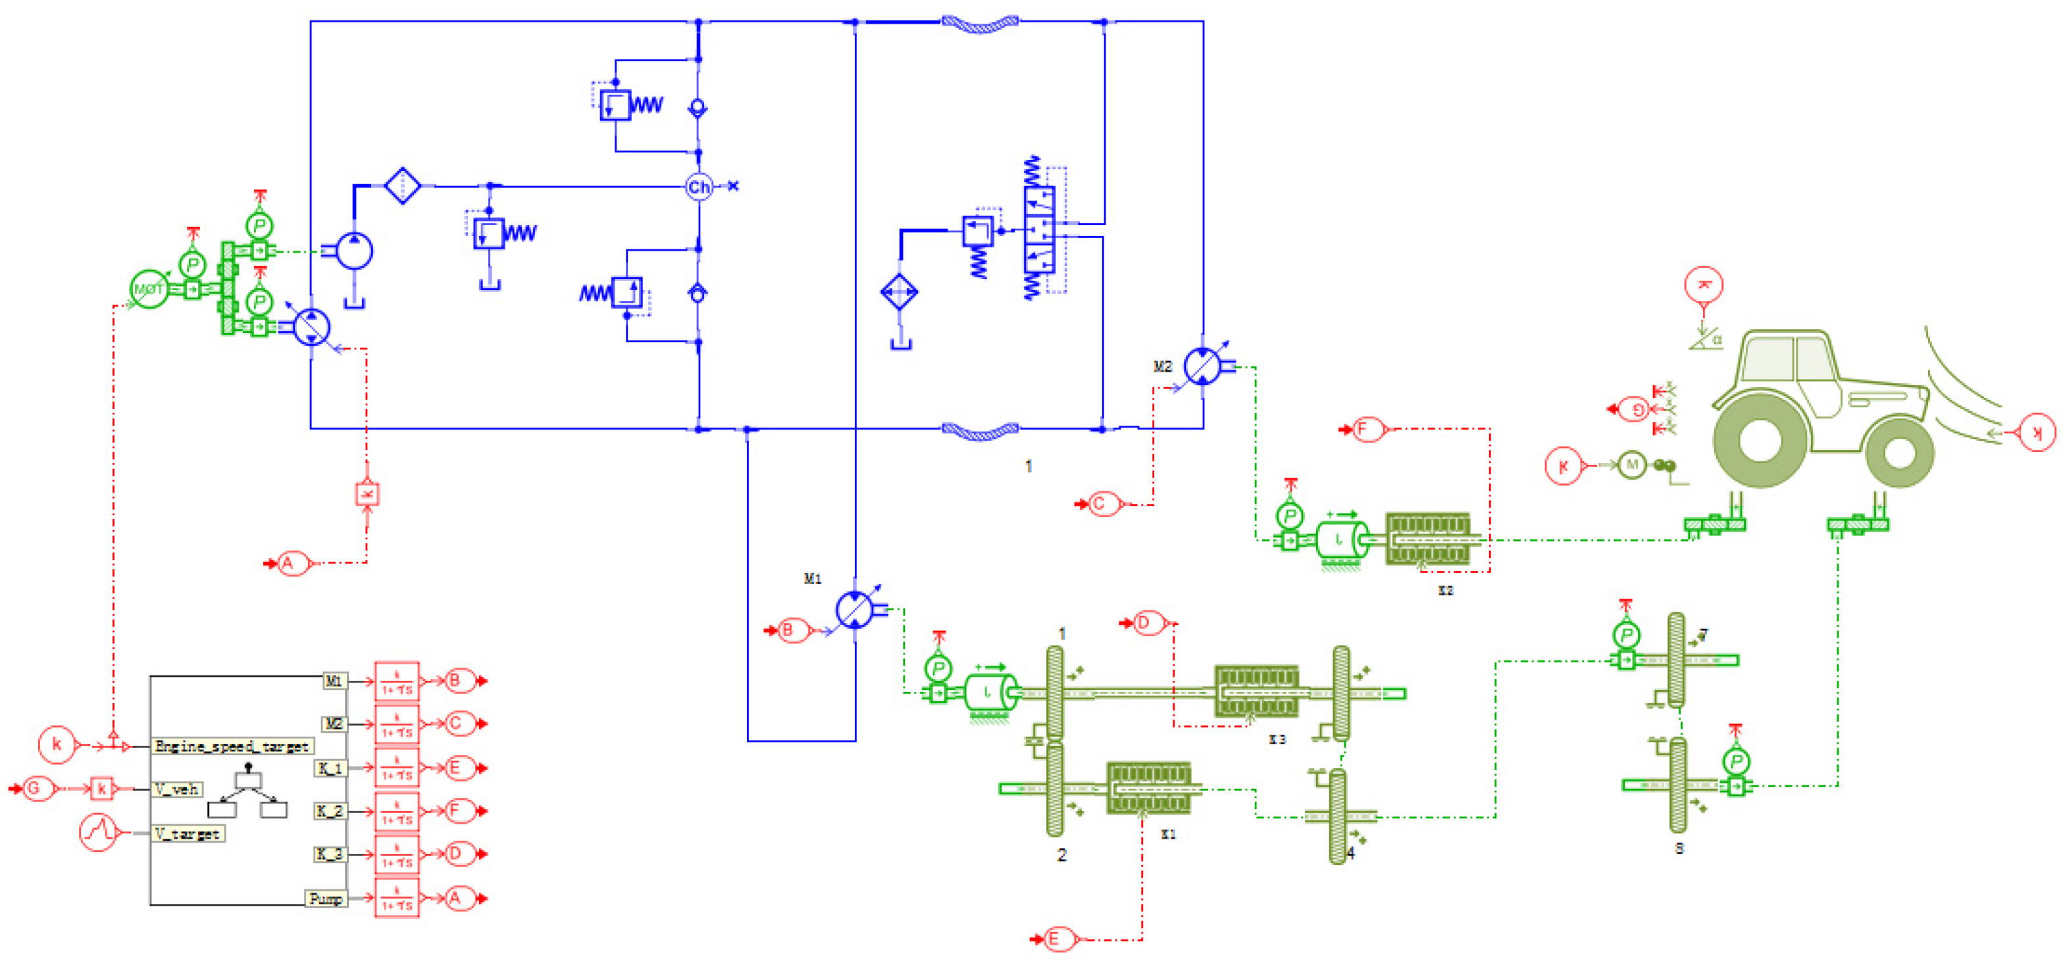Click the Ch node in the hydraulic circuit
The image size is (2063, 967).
click(x=698, y=187)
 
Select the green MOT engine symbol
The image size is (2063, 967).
click(x=149, y=289)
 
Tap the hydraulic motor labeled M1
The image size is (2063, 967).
click(x=855, y=610)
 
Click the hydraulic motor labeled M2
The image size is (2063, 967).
click(x=1202, y=366)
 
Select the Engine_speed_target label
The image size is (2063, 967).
click(x=232, y=746)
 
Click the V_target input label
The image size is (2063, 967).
click(x=188, y=833)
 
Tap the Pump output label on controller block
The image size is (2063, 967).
click(x=326, y=898)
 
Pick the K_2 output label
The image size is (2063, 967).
click(x=330, y=811)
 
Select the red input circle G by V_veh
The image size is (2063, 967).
click(x=34, y=789)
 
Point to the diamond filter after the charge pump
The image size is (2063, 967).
click(x=402, y=186)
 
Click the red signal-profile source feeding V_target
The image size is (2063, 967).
click(x=99, y=833)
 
